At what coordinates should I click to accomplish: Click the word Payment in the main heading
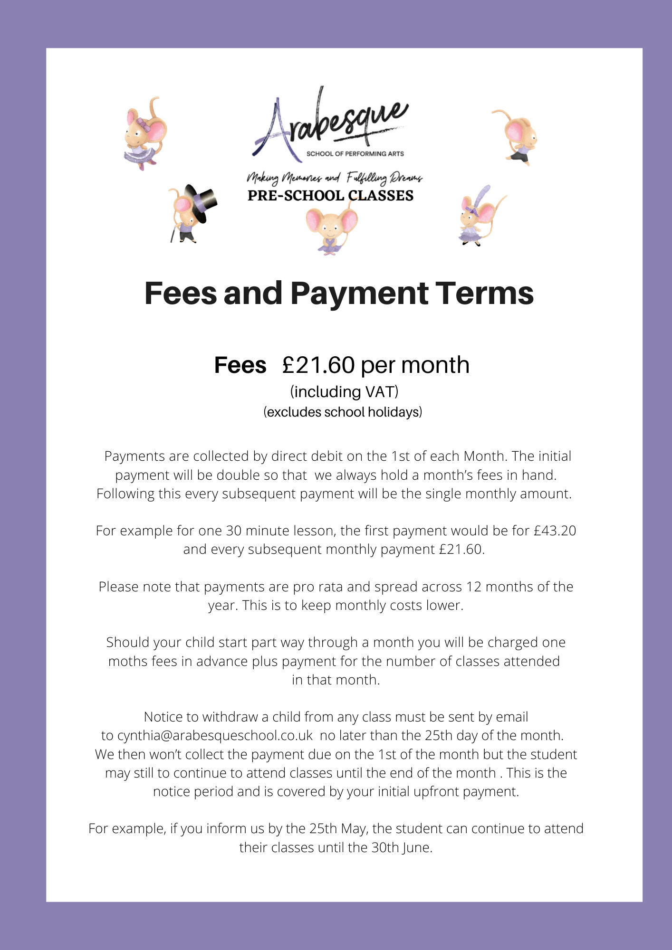pyautogui.click(x=359, y=293)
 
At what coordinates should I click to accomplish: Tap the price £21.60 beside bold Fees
pyautogui.click(x=318, y=365)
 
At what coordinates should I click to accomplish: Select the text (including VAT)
pyautogui.click(x=344, y=392)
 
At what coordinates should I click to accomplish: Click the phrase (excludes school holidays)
pyautogui.click(x=343, y=412)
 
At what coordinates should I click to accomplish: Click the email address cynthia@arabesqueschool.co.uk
pyautogui.click(x=215, y=735)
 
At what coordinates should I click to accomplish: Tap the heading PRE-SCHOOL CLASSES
pyautogui.click(x=330, y=196)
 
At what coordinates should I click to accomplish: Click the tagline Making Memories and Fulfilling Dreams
pyautogui.click(x=334, y=178)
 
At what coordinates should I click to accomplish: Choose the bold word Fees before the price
pyautogui.click(x=240, y=365)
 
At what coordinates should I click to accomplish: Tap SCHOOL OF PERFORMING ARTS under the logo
pyautogui.click(x=355, y=153)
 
